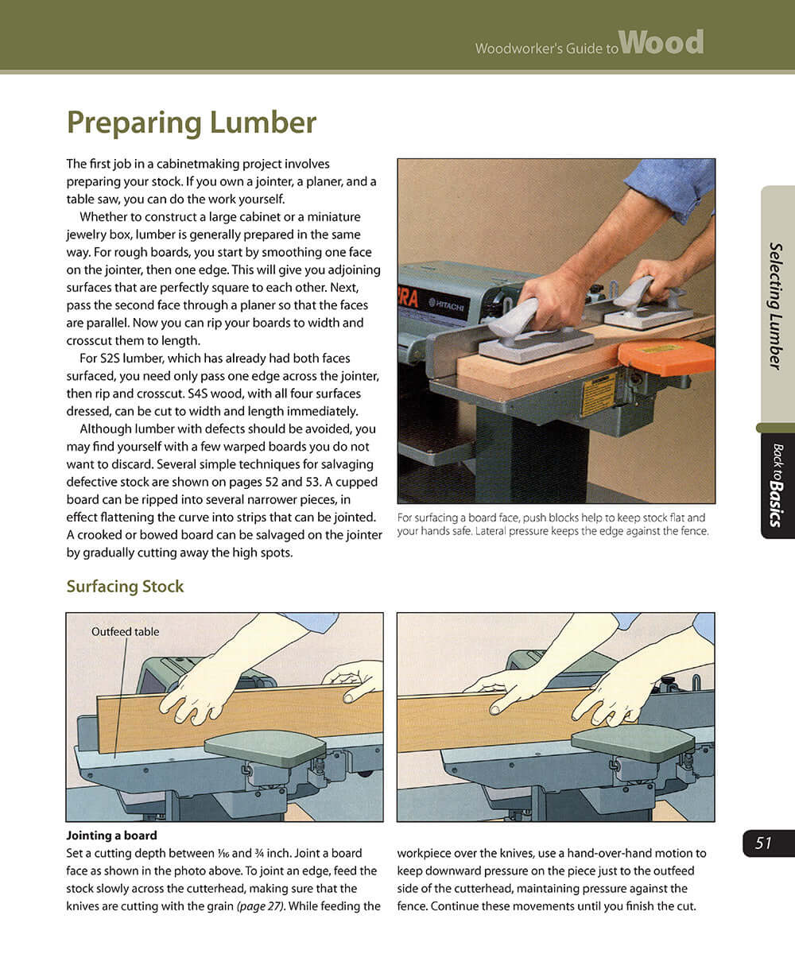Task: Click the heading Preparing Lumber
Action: (x=191, y=123)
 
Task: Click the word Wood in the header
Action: (x=661, y=43)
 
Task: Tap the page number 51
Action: (x=764, y=843)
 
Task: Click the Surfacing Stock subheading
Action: (x=125, y=587)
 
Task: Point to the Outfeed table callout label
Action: (x=125, y=632)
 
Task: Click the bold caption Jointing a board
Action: (x=111, y=836)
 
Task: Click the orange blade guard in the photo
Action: (x=666, y=357)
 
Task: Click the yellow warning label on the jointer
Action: (x=598, y=394)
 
